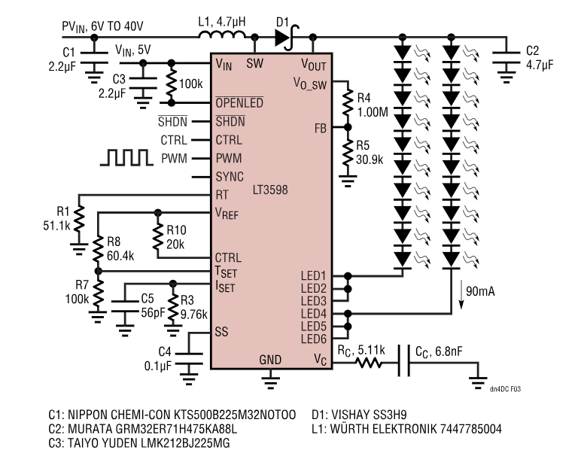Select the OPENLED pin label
239,102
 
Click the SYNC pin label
230,178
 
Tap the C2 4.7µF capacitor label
538,59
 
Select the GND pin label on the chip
270,359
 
